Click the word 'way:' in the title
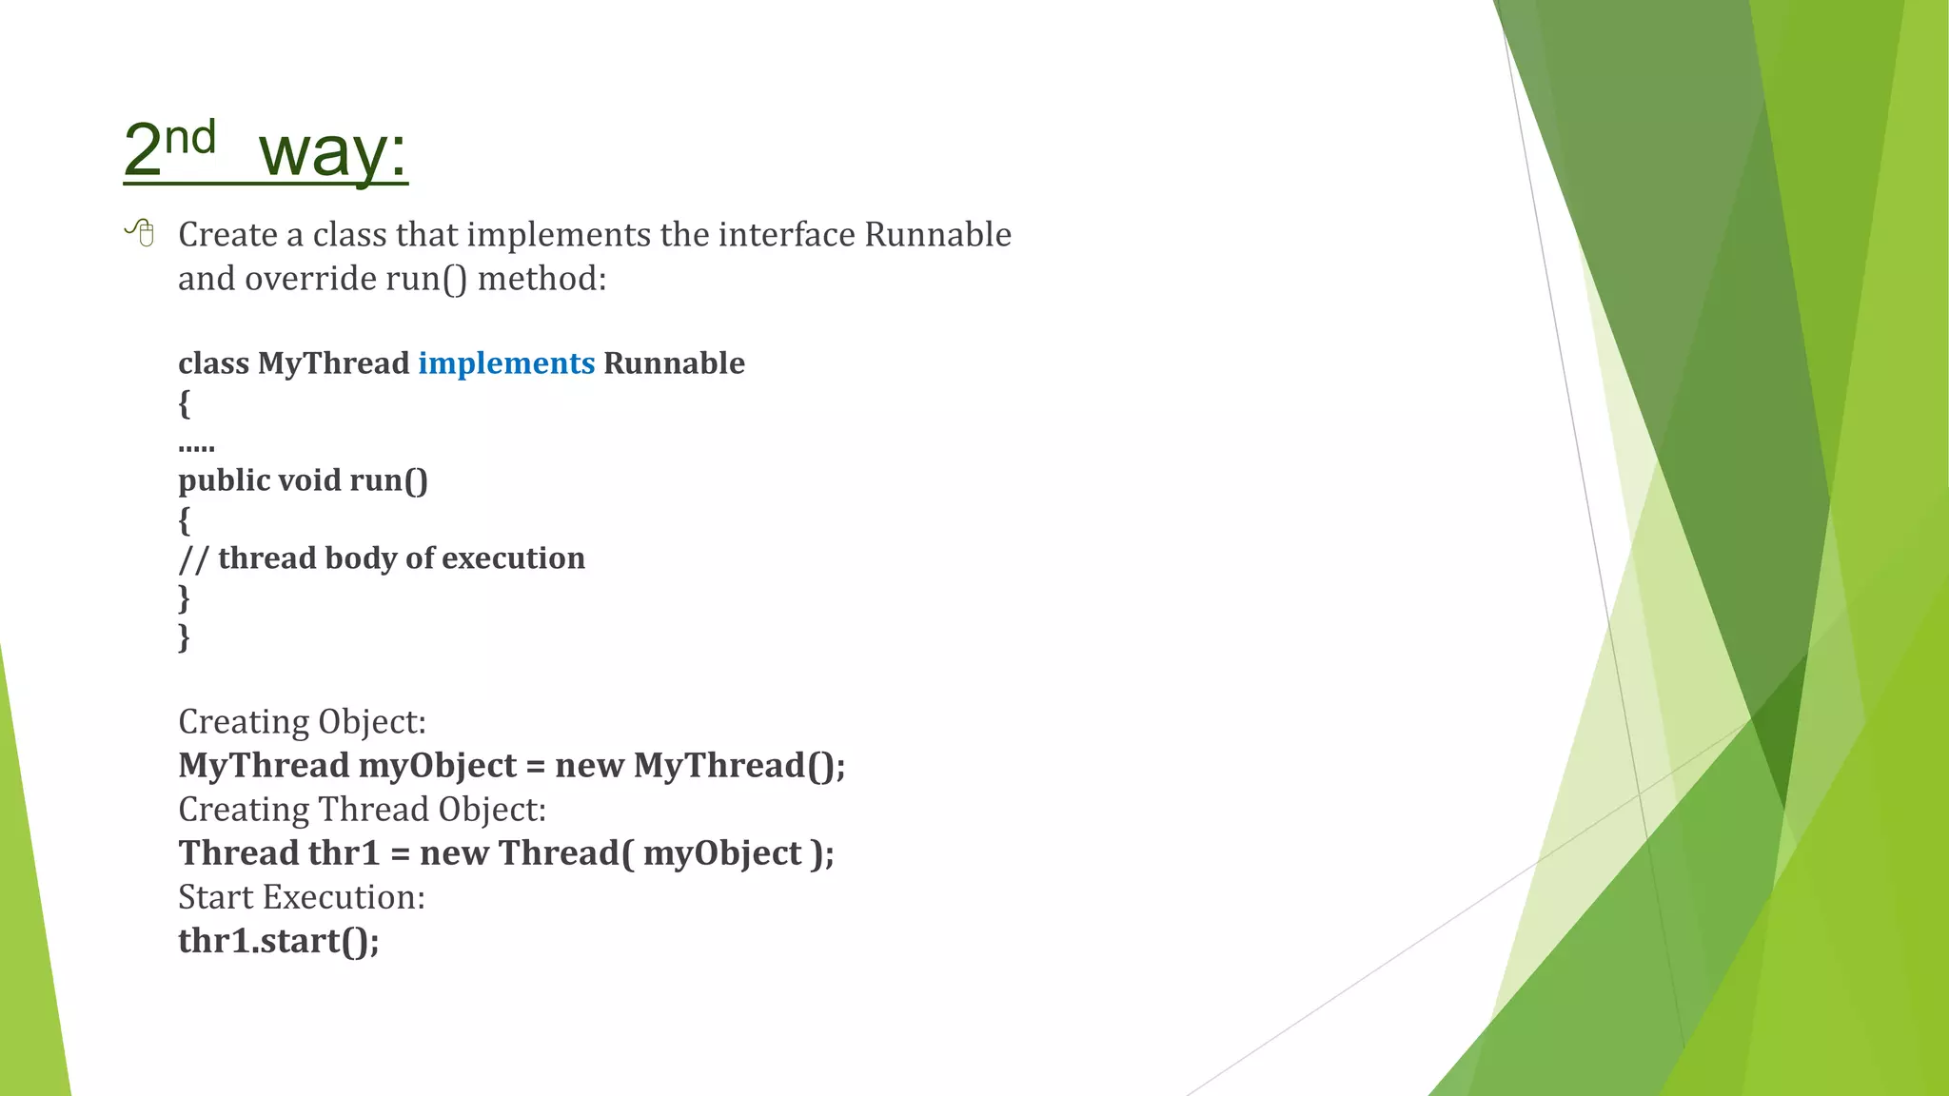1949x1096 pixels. [333, 152]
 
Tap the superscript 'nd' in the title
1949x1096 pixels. [190, 138]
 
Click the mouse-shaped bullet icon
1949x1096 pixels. [141, 232]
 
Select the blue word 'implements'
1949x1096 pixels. [506, 363]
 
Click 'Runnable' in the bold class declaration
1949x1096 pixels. [674, 363]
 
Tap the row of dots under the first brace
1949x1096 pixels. [196, 446]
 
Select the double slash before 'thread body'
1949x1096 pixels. [193, 558]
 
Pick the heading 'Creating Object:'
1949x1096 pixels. [302, 722]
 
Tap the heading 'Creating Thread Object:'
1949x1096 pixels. [362, 810]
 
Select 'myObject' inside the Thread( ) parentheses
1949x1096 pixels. [722, 853]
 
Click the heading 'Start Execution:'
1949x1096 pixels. [301, 897]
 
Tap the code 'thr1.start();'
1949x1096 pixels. [278, 941]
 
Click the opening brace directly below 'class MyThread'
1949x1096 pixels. [185, 403]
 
